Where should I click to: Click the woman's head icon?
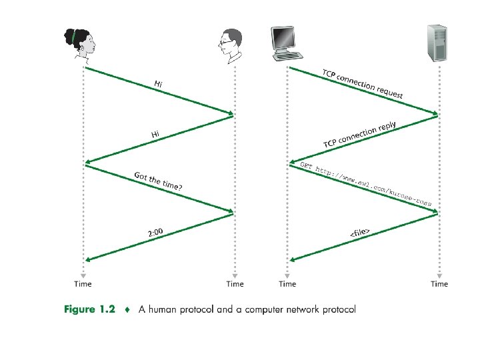click(x=80, y=44)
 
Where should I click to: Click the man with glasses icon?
click(x=229, y=45)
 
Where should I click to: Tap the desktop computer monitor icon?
click(x=283, y=39)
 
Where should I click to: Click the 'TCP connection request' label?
click(x=363, y=83)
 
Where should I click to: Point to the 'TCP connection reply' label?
click(x=359, y=135)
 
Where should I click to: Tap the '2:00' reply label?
click(x=155, y=233)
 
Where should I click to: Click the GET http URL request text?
click(x=366, y=183)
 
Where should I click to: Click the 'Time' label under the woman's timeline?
click(x=83, y=284)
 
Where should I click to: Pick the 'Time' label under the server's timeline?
click(x=439, y=284)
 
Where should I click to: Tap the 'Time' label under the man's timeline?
click(x=235, y=284)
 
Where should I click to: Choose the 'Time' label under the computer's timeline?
click(x=287, y=284)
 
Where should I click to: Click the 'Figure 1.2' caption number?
click(x=89, y=309)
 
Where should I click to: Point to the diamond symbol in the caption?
click(x=127, y=309)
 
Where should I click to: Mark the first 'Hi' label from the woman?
click(x=158, y=84)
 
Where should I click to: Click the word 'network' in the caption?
click(x=303, y=309)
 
